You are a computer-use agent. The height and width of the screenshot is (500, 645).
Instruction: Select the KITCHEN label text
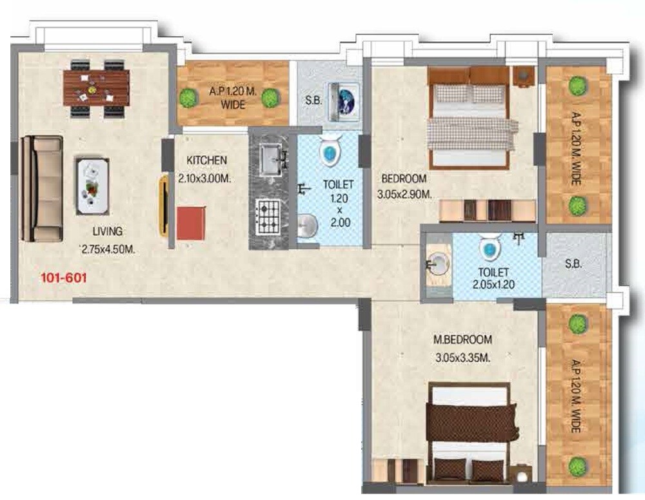[x=206, y=159]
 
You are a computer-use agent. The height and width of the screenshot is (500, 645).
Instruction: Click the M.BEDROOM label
[x=462, y=340]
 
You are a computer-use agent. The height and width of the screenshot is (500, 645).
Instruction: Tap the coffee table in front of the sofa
[x=93, y=186]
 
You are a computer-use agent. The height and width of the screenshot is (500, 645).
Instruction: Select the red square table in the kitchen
[x=192, y=222]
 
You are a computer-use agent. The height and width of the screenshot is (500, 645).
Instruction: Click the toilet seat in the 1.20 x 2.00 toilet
[x=329, y=152]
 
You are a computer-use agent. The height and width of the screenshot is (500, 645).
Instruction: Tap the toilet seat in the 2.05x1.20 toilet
[x=490, y=246]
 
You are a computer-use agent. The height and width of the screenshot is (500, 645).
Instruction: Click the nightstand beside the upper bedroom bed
[x=523, y=75]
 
